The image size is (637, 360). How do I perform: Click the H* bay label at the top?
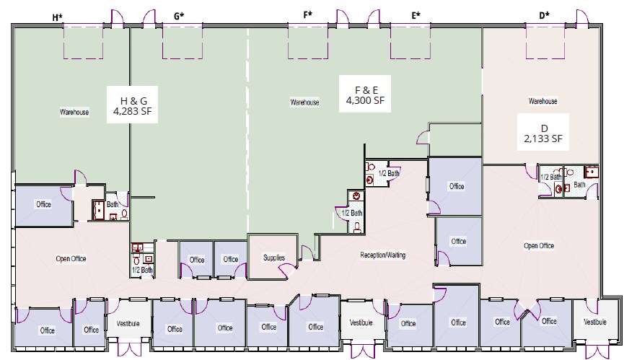pyautogui.click(x=57, y=15)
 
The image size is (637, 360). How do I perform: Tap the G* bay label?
pyautogui.click(x=179, y=15)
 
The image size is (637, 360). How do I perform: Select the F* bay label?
pyautogui.click(x=308, y=15)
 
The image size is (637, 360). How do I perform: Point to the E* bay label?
pyautogui.click(x=416, y=15)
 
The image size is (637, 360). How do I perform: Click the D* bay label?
pyautogui.click(x=544, y=15)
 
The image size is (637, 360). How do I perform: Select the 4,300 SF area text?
pyautogui.click(x=366, y=101)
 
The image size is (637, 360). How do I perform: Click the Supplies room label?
pyautogui.click(x=273, y=258)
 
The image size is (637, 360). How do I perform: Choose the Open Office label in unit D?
pyautogui.click(x=538, y=246)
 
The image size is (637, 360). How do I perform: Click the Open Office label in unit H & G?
pyautogui.click(x=71, y=258)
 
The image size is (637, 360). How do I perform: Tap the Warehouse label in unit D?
pyautogui.click(x=542, y=102)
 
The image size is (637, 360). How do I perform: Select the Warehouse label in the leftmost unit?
pyautogui.click(x=74, y=113)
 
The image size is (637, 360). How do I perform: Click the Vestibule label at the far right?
pyautogui.click(x=595, y=322)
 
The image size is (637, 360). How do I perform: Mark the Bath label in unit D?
pyautogui.click(x=579, y=185)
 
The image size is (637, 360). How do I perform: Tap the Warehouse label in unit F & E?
pyautogui.click(x=304, y=102)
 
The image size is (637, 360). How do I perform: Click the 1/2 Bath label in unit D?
pyautogui.click(x=550, y=177)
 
